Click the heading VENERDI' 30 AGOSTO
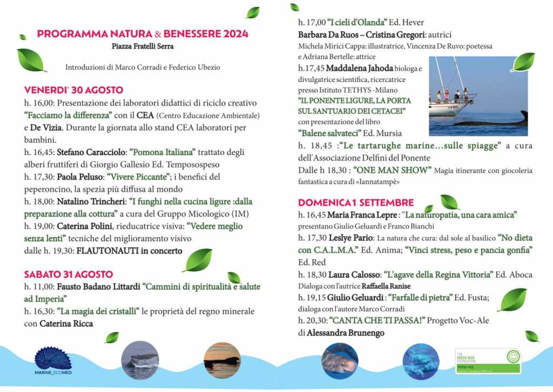[74, 90]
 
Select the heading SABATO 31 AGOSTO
[69, 274]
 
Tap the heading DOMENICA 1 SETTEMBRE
[356, 202]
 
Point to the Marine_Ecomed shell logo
[53, 359]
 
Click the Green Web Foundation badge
[488, 361]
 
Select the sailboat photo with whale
[478, 96]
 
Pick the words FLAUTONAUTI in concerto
[130, 251]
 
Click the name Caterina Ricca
[66, 323]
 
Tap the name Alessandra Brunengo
[346, 333]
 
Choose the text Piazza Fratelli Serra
[143, 46]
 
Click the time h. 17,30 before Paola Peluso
[39, 177]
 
